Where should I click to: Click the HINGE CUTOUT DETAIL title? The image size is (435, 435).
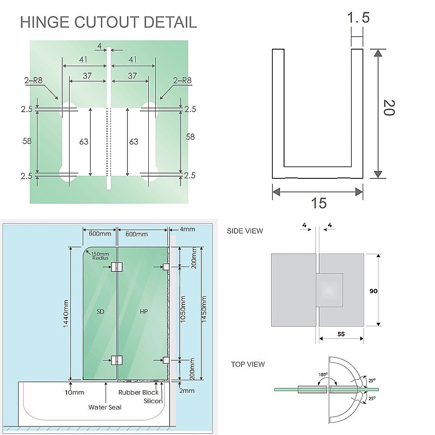pos(108,22)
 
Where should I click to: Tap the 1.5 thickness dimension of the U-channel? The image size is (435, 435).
pos(358,18)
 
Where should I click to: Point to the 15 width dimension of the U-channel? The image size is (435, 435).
pos(318,203)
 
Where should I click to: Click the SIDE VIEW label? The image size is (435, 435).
pos(245,231)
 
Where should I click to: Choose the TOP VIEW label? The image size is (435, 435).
pos(248,364)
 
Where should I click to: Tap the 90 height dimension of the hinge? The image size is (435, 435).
pos(373,291)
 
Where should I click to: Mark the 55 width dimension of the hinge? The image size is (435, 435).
pos(341,334)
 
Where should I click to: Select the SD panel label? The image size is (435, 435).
pos(100,311)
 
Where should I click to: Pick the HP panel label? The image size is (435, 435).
pos(144,311)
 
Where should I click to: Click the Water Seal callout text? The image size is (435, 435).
pos(105,407)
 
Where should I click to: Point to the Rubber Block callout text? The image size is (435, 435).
pos(139,392)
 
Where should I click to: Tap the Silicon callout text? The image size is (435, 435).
pos(153,401)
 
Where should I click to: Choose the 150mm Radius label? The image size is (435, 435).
pos(100,256)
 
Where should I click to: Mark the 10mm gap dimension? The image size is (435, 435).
pos(74,392)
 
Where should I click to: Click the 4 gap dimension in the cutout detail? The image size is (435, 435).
pos(100,45)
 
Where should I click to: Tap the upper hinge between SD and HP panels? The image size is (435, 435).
pos(117,267)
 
